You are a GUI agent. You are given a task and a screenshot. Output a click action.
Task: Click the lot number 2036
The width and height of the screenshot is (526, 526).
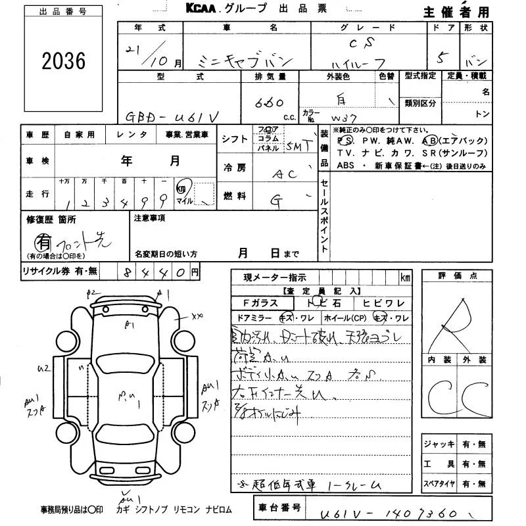coord(63,62)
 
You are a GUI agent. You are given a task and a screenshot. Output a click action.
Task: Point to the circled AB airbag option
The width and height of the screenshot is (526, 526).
coord(429,141)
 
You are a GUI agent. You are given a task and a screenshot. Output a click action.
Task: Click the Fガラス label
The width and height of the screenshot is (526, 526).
coord(260,302)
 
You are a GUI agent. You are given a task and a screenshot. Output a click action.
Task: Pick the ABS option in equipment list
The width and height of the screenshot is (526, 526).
coord(346,166)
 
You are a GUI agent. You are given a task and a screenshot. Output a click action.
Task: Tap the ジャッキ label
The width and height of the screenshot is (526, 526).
coord(439,444)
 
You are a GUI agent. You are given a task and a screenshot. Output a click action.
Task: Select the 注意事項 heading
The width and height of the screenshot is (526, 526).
coord(151,218)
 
